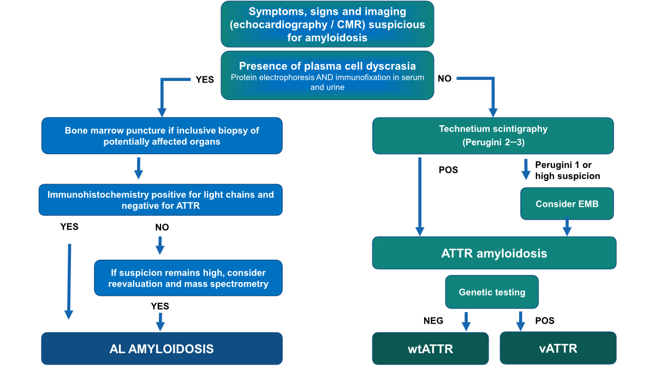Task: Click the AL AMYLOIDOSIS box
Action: click(x=162, y=348)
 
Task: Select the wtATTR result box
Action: click(x=431, y=348)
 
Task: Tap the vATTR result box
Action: click(x=558, y=348)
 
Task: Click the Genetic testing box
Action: click(x=492, y=292)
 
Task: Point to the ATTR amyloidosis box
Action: click(x=494, y=253)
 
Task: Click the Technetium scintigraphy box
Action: click(x=493, y=136)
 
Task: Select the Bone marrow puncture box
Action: click(x=162, y=136)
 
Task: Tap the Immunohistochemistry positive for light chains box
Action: click(x=160, y=200)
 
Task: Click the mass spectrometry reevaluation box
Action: click(x=188, y=278)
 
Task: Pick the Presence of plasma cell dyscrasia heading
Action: click(x=327, y=66)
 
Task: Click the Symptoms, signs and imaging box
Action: click(x=327, y=24)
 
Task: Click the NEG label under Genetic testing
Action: click(x=433, y=321)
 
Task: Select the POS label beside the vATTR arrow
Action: click(x=544, y=321)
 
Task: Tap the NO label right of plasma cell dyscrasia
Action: click(x=444, y=79)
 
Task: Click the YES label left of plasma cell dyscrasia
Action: click(x=205, y=79)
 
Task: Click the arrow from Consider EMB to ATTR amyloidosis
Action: click(x=567, y=226)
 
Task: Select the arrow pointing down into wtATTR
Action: click(x=466, y=321)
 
